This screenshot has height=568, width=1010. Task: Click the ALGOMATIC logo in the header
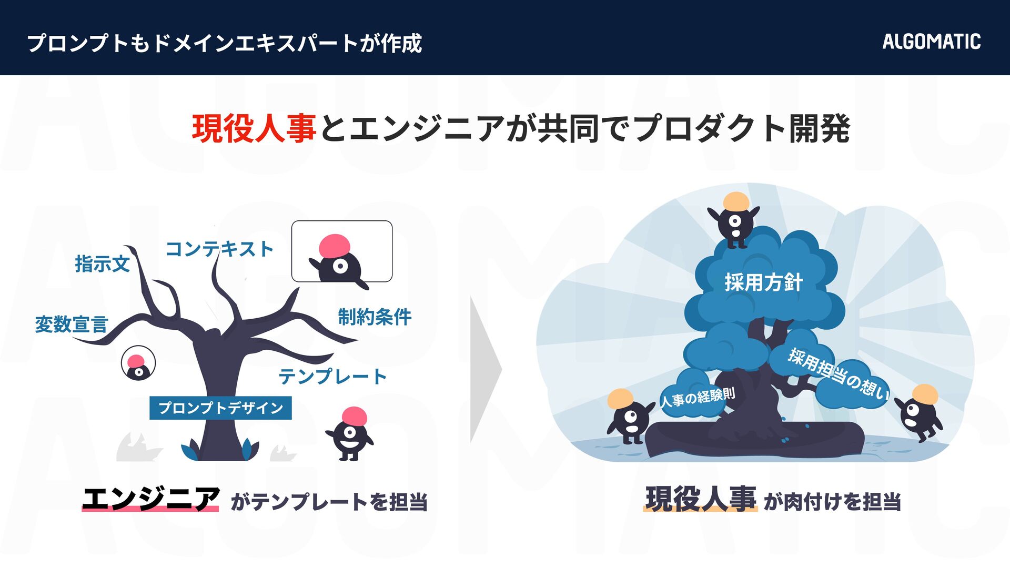[x=931, y=42]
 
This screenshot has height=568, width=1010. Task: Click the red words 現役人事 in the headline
[x=254, y=129]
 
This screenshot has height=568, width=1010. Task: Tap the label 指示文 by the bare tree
[x=102, y=263]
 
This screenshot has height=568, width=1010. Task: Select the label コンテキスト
[x=219, y=249]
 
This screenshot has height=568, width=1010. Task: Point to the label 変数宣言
[x=72, y=324]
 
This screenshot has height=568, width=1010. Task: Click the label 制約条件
[x=375, y=317]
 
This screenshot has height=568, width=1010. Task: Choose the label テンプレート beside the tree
[x=332, y=376]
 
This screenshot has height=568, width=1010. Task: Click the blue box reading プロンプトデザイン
[x=220, y=408]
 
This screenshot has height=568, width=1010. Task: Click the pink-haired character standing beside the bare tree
[x=350, y=433]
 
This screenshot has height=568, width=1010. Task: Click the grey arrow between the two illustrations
[x=485, y=369]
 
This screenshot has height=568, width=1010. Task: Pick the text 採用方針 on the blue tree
[x=763, y=282]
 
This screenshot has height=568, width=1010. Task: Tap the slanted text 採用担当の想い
[x=838, y=373]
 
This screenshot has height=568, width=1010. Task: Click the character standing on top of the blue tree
[x=735, y=219]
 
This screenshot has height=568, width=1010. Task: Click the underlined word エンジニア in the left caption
[x=150, y=499]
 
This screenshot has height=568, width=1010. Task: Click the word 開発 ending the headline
[x=819, y=129]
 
